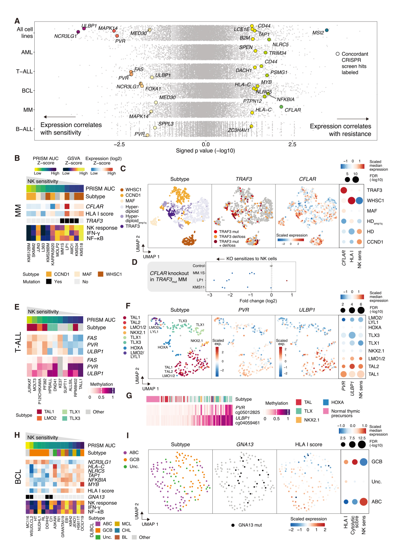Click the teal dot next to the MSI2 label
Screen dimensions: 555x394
(327, 30)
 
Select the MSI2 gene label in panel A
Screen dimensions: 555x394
(318, 33)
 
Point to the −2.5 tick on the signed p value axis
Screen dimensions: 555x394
(119, 144)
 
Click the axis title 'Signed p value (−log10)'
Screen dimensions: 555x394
(205, 151)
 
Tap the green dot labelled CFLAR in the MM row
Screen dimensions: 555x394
(281, 107)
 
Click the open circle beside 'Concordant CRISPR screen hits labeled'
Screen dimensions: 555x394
(338, 54)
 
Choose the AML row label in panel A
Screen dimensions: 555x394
(27, 53)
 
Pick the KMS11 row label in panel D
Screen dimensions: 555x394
(198, 287)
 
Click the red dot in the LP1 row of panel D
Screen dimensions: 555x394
(287, 281)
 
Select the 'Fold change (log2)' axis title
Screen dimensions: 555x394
(258, 301)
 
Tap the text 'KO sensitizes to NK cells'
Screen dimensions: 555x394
(251, 259)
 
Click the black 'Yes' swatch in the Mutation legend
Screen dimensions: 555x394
(49, 282)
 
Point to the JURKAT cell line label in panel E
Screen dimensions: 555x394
(30, 385)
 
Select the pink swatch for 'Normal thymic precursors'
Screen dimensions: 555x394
(326, 411)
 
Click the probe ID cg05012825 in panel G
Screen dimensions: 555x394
(247, 412)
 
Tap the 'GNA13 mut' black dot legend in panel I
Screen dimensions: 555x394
(233, 525)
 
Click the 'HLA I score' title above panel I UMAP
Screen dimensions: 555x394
(308, 444)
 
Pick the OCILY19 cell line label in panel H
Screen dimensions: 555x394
(82, 523)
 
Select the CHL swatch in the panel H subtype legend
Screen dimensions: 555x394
(117, 530)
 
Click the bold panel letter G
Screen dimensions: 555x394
(129, 396)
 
